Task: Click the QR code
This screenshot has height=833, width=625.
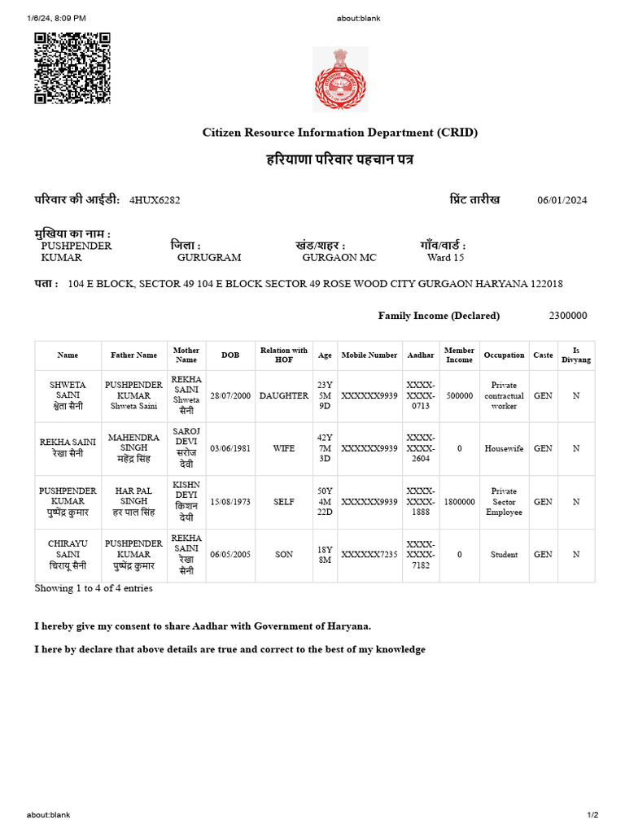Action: (72, 68)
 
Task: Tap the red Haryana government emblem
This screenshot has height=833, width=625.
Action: (340, 79)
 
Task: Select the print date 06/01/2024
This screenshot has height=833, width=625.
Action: (562, 201)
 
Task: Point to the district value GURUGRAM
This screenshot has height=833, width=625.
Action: (209, 257)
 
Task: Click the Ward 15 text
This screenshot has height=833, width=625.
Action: (445, 257)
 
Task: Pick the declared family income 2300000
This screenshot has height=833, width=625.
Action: (568, 316)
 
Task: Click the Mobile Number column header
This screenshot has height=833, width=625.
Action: (369, 355)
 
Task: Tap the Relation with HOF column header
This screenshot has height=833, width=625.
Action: (284, 355)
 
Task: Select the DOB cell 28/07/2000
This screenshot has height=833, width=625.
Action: (230, 395)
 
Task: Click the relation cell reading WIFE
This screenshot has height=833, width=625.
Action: (284, 448)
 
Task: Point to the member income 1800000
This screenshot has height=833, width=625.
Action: (460, 502)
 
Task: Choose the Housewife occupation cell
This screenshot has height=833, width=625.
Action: (504, 448)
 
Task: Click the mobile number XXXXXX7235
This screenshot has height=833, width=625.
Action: (369, 555)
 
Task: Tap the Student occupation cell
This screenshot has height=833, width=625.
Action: (504, 555)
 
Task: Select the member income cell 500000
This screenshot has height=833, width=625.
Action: (460, 395)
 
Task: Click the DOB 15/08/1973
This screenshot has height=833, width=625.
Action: (230, 502)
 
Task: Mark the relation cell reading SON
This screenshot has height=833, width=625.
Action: (284, 555)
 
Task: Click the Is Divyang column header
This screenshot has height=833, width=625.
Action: (576, 355)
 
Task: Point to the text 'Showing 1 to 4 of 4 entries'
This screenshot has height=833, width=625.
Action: (94, 588)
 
